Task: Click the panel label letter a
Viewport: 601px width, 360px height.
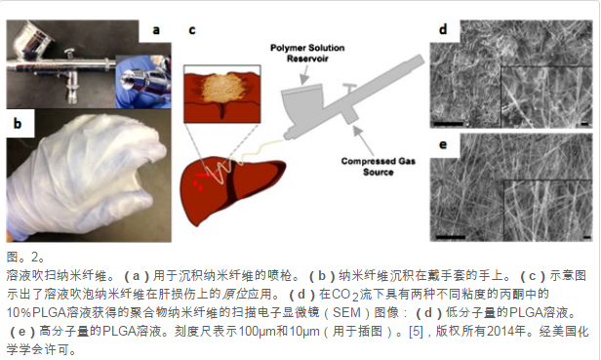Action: pyautogui.click(x=156, y=30)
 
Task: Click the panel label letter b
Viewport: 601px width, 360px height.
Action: pyautogui.click(x=18, y=124)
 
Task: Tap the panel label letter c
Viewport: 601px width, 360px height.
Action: pyautogui.click(x=192, y=30)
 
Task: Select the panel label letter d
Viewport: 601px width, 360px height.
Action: pyautogui.click(x=443, y=29)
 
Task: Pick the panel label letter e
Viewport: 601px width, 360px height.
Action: pyautogui.click(x=443, y=145)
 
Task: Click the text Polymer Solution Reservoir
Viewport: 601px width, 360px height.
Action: pyautogui.click(x=307, y=53)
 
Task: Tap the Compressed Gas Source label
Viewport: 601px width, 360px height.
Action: pyautogui.click(x=379, y=167)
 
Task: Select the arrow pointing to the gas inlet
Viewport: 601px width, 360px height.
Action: pyautogui.click(x=363, y=140)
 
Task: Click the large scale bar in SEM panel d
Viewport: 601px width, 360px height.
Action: pyautogui.click(x=449, y=124)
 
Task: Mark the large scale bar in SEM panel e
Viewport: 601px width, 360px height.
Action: pyautogui.click(x=451, y=237)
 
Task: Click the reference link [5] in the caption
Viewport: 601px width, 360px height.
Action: pyautogui.click(x=416, y=331)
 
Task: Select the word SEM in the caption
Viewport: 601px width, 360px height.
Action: pyautogui.click(x=346, y=312)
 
